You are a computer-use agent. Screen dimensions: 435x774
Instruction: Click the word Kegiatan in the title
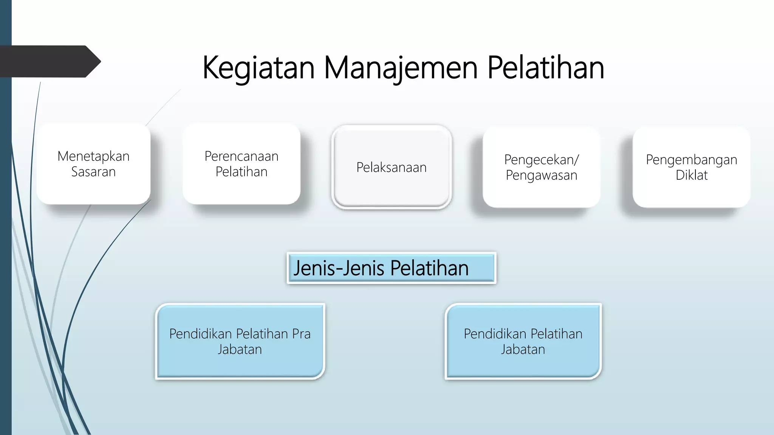coord(259,68)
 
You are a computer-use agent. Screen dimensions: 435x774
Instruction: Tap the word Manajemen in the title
coord(401,68)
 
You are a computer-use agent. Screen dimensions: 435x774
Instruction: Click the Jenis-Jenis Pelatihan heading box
coord(392,268)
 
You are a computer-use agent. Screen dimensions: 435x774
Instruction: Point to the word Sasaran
coord(93,172)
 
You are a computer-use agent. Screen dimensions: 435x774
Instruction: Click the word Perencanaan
coord(241,156)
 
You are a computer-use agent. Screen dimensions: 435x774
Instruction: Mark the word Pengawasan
coord(541,175)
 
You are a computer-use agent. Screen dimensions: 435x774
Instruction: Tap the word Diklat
coord(691,175)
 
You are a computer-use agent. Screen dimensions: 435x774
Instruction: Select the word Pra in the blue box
coord(301,334)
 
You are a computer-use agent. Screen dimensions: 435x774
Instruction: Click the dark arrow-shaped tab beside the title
coord(49,62)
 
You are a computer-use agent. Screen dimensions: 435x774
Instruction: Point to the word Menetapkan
coord(93,156)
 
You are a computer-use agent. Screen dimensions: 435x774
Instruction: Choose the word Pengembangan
coord(691,160)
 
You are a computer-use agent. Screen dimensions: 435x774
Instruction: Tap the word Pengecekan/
coord(541,160)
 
